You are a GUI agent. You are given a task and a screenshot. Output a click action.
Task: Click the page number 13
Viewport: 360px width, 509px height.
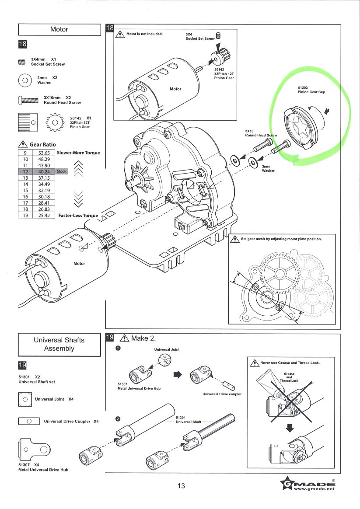[x=181, y=486]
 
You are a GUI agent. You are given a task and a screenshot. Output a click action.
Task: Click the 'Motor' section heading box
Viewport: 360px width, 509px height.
[x=59, y=29]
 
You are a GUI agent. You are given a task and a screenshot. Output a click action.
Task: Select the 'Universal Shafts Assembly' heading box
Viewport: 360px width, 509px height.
[x=59, y=344]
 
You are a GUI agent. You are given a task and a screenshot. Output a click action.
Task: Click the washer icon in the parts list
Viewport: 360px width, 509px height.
[x=24, y=80]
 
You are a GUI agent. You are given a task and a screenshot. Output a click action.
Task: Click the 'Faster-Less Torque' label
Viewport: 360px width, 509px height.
[x=78, y=216]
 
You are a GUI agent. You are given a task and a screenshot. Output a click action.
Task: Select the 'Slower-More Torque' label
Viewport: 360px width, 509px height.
[x=78, y=153]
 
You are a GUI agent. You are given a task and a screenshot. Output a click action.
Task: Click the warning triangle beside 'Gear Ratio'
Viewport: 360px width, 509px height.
[x=23, y=144]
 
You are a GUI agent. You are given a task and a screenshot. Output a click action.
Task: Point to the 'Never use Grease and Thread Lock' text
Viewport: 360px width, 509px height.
[x=290, y=363]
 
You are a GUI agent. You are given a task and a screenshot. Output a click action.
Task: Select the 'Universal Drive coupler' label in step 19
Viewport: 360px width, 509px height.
[x=222, y=394]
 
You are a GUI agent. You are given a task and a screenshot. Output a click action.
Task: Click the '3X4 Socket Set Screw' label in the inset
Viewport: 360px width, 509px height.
[x=200, y=36]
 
